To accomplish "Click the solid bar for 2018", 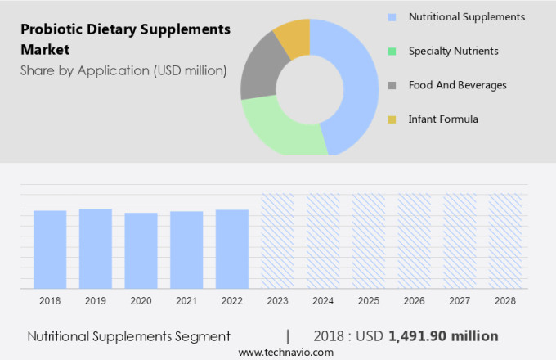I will pyautogui.click(x=50, y=250).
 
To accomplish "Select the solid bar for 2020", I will pyautogui.click(x=141, y=250).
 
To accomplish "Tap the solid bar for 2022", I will pyautogui.click(x=232, y=249).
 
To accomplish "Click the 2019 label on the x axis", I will pyautogui.click(x=95, y=301).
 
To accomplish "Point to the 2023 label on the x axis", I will pyautogui.click(x=277, y=301).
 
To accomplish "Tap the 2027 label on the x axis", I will pyautogui.click(x=460, y=301).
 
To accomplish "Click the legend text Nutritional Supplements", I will pyautogui.click(x=466, y=16).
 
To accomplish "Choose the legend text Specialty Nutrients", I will pyautogui.click(x=453, y=51).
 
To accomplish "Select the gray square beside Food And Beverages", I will pyautogui.click(x=392, y=85).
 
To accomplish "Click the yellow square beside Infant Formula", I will pyautogui.click(x=392, y=119).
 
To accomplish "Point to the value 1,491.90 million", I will pyautogui.click(x=443, y=336).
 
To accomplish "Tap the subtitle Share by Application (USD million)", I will pyautogui.click(x=123, y=70).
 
